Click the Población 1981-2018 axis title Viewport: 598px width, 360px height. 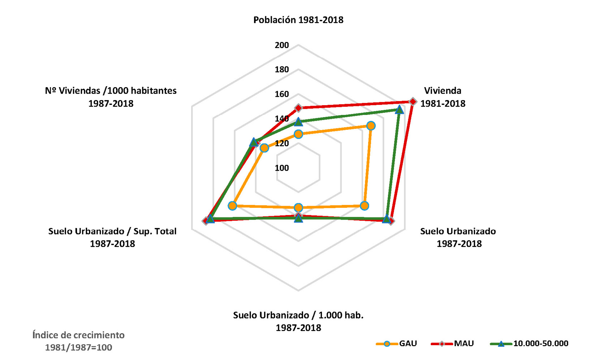click(298, 20)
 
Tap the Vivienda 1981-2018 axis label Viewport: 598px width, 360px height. click(443, 97)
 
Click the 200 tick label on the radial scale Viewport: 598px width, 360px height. click(282, 45)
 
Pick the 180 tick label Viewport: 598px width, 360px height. click(282, 69)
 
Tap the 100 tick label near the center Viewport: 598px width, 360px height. click(282, 168)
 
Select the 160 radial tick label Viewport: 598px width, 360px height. click(282, 94)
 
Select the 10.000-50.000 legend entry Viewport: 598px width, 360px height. click(529, 343)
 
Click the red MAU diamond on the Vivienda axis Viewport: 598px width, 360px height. click(413, 102)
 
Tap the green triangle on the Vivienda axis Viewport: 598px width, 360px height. click(399, 110)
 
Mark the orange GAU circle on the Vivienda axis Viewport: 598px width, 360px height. click(371, 126)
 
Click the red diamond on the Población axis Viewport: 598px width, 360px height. click(298, 108)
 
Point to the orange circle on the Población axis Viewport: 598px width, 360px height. click(298, 134)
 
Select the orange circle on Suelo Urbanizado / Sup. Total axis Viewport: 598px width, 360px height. click(232, 206)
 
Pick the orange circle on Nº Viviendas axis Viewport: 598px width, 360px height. click(264, 148)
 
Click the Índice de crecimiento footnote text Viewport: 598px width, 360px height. click(78, 341)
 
